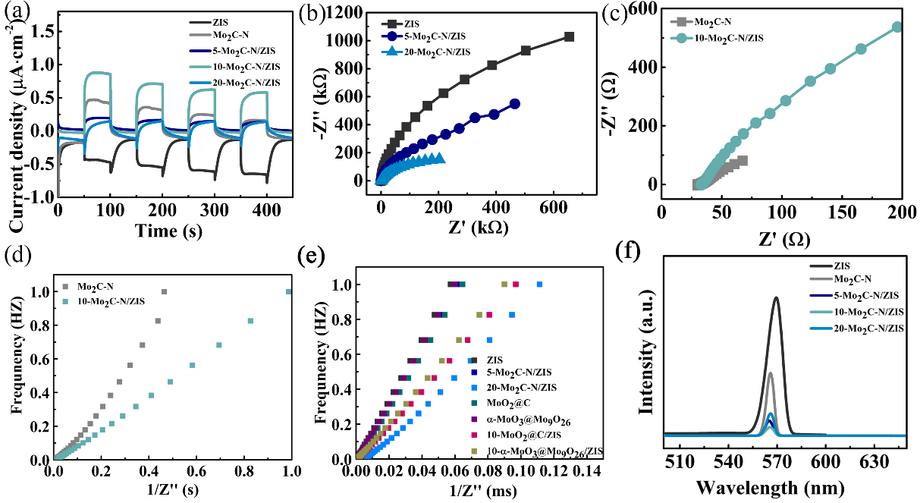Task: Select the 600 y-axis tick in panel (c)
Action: point(642,9)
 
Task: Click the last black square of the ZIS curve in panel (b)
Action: point(569,36)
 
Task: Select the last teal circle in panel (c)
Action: point(897,27)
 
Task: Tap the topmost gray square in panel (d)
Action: point(164,291)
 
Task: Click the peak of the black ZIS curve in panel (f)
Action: point(776,297)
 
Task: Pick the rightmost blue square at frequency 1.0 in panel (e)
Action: point(540,285)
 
